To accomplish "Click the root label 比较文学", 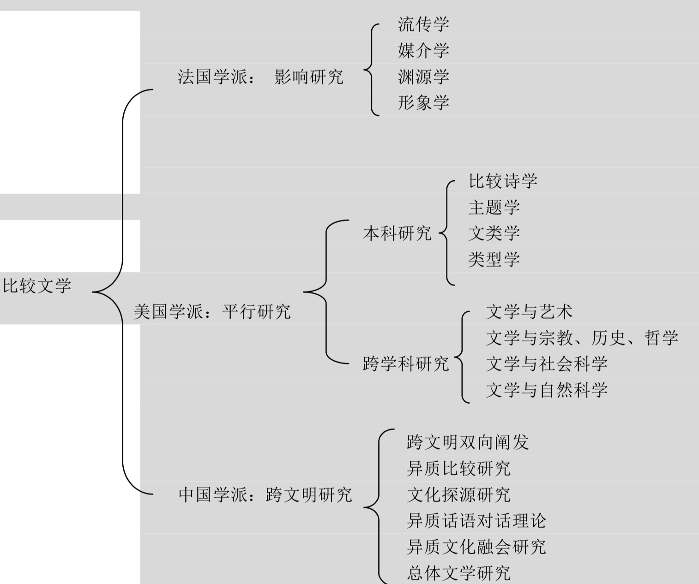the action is [x=37, y=286].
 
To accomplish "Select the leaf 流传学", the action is [x=423, y=24].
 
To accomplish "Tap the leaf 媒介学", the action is [x=423, y=50].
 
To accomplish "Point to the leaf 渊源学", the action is [x=423, y=77].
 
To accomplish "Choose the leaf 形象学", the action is [x=423, y=102].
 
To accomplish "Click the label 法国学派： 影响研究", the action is [x=260, y=77].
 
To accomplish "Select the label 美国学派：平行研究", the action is [x=212, y=312].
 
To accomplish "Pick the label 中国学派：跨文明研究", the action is [x=265, y=495].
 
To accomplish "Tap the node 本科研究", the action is [x=397, y=233].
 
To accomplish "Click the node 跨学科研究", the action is [x=406, y=364].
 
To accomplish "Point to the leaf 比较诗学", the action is [x=503, y=181].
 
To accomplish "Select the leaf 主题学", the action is [x=494, y=207].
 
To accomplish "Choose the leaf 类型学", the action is [x=494, y=259].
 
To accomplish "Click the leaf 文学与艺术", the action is [x=529, y=312].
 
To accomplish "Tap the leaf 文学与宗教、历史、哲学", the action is [x=582, y=338].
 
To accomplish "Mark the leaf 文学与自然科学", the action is [x=547, y=390].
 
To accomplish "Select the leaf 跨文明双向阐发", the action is [x=468, y=442].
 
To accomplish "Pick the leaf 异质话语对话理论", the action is [x=476, y=521].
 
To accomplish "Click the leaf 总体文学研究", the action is [x=459, y=573].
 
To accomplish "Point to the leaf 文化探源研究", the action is [x=459, y=495].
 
